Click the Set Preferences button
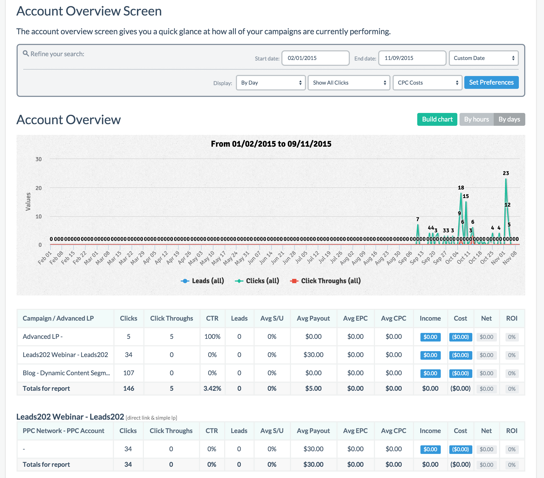pos(491,82)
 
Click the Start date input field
pos(315,58)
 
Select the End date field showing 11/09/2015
pos(412,58)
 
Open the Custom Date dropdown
pos(483,58)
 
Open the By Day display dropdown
pos(271,83)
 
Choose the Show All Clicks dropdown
pos(348,83)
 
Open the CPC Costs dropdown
pos(427,83)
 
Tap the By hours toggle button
pos(476,119)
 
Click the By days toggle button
pos(509,119)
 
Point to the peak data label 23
pos(505,173)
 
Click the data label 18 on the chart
pos(461,188)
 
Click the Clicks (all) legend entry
pos(257,281)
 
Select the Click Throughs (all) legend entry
pos(325,281)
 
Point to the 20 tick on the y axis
pos(39,188)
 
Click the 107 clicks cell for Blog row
pos(128,373)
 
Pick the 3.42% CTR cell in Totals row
pos(212,388)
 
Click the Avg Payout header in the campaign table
pos(313,318)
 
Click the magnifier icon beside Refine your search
pos(26,54)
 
